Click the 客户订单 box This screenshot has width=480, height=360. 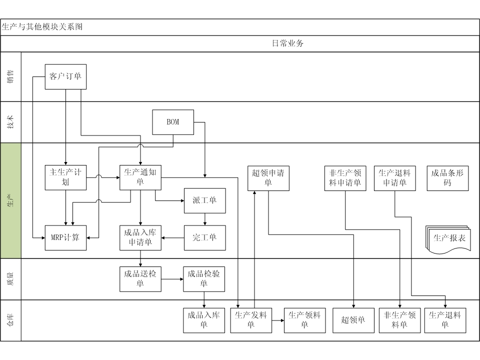coord(66,76)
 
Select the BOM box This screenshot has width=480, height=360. coord(173,122)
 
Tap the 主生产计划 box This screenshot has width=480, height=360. coord(65,177)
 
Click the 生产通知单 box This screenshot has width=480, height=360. coord(140,177)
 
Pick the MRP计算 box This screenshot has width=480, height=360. coord(65,237)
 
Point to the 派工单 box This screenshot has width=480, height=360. coord(204,200)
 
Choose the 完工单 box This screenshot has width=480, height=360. coord(204,237)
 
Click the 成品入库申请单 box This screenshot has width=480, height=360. coord(140,237)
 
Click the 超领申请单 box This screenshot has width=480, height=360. coord(268,177)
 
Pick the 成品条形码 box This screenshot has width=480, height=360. coord(447,177)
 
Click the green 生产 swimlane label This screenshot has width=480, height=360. coord(10,200)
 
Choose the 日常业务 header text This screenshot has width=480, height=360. coord(288,43)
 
